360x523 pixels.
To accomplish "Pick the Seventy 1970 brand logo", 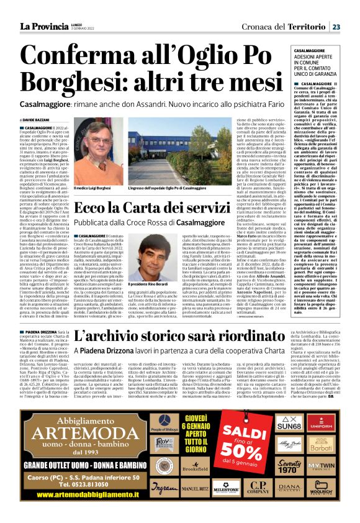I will tap(290, 467).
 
